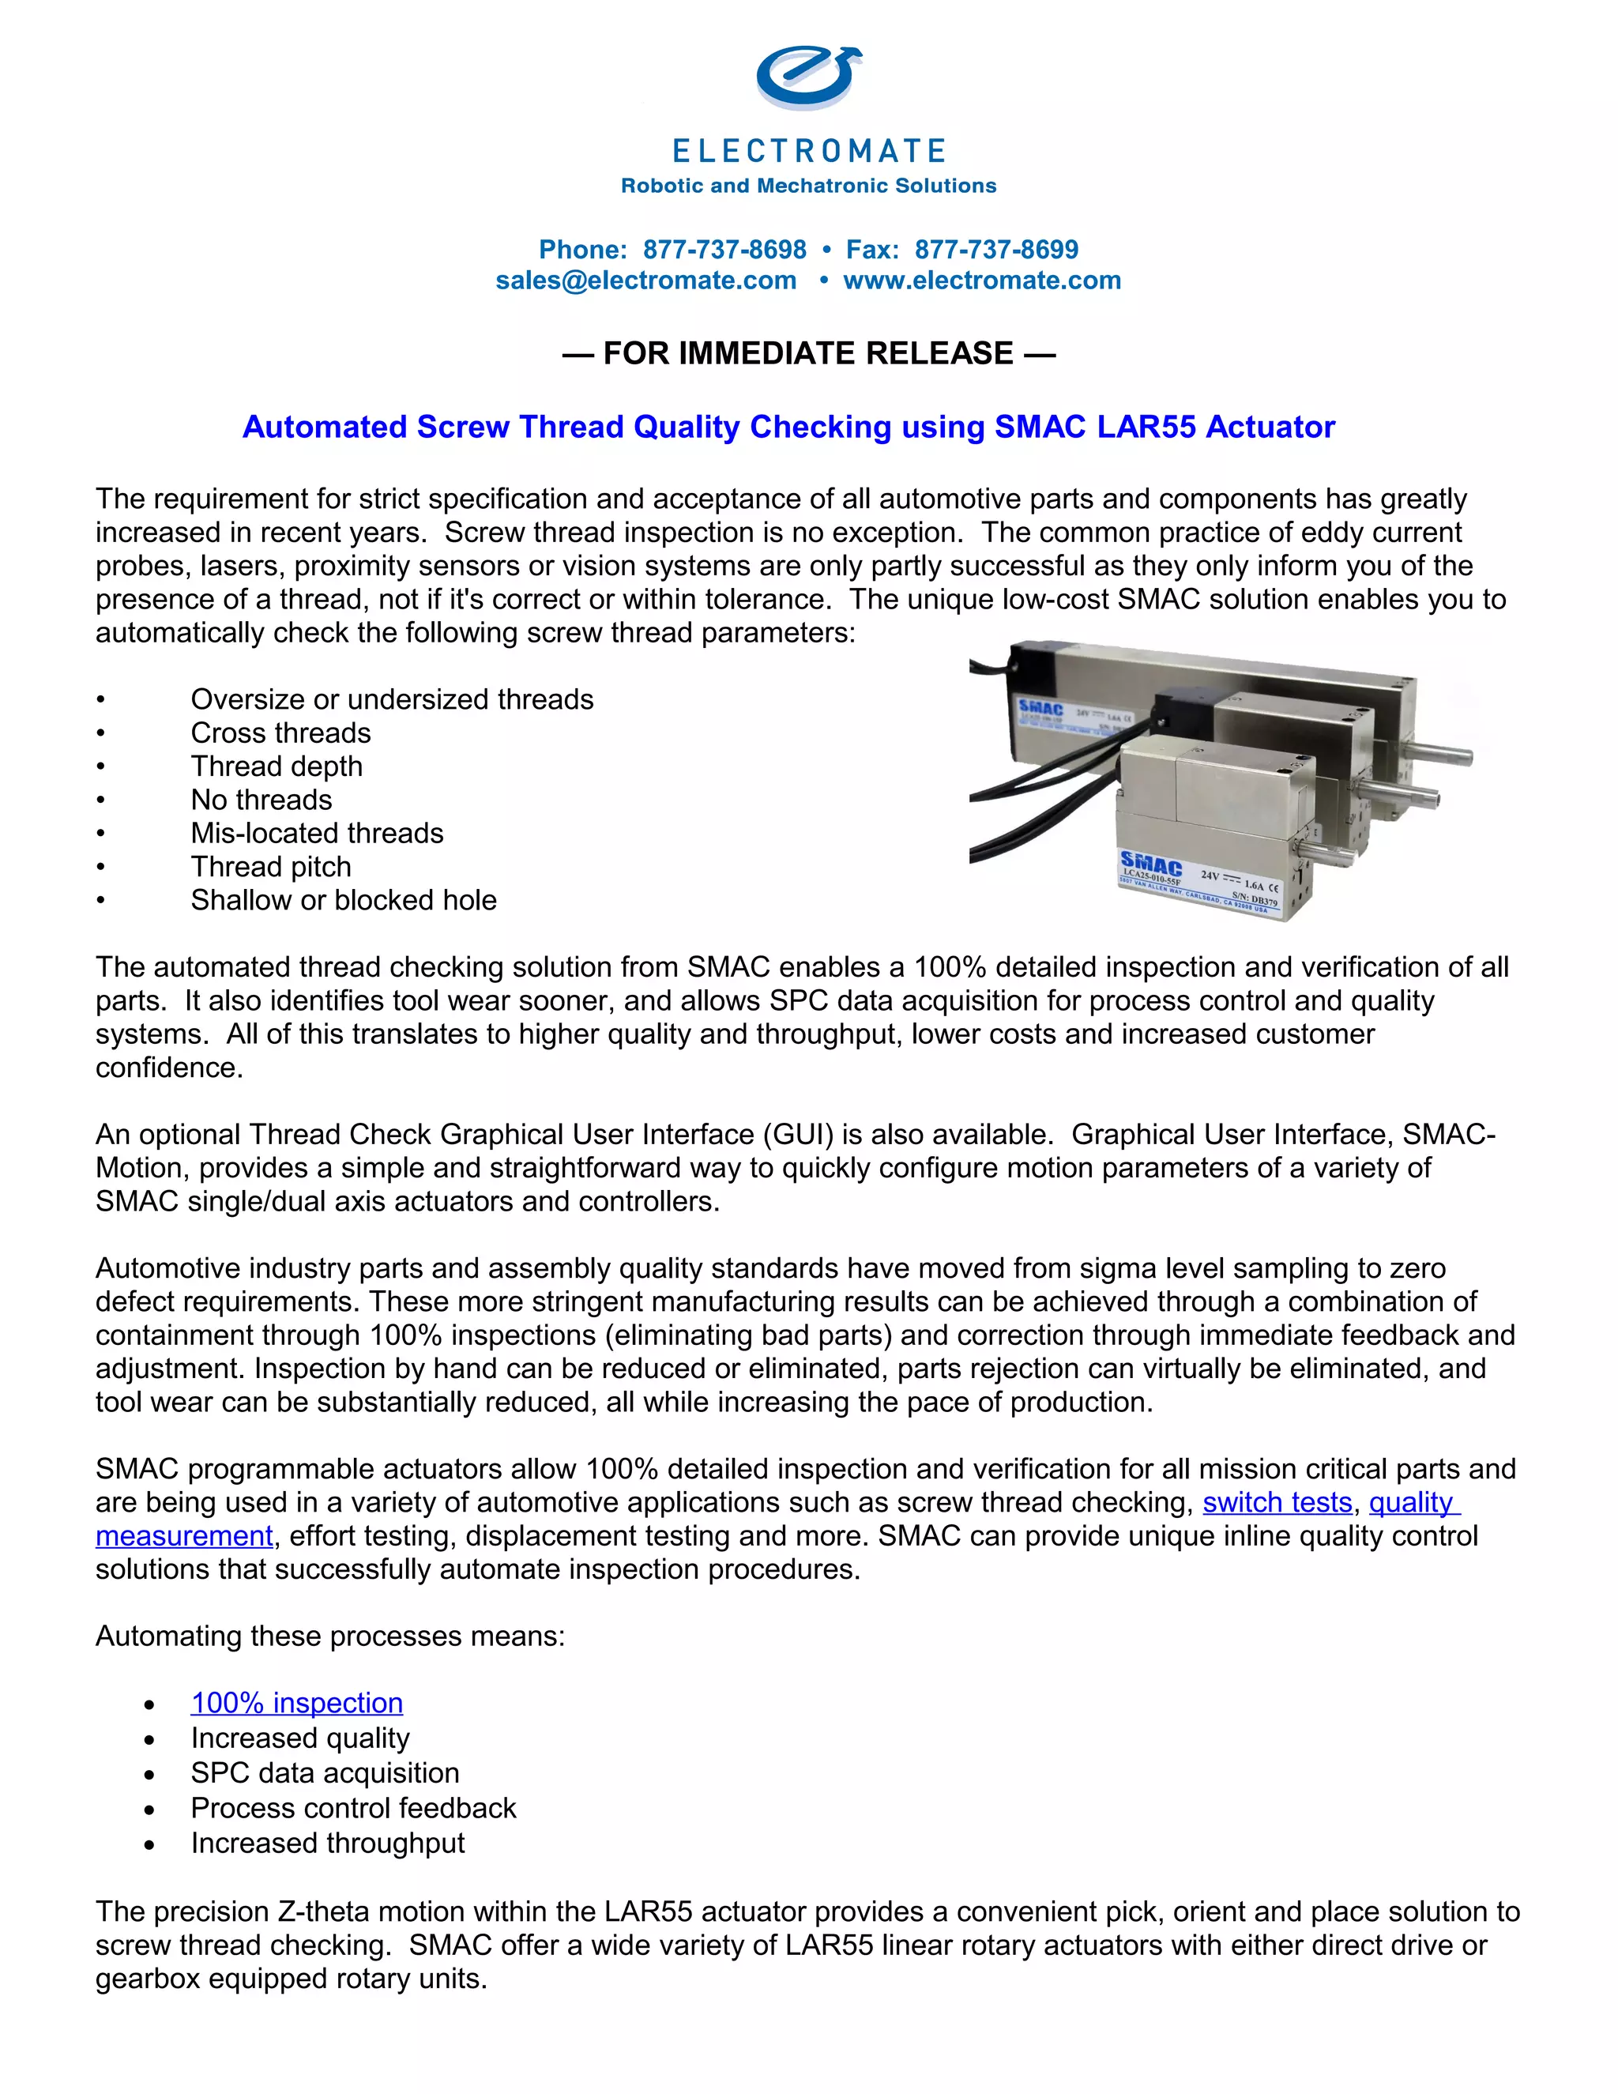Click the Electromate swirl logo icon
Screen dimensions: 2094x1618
tap(807, 77)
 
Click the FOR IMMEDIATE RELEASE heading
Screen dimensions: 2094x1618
tap(808, 353)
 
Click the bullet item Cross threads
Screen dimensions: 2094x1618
tap(280, 733)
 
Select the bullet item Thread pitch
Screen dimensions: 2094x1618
tap(270, 867)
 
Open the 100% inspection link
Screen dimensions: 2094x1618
tap(296, 1703)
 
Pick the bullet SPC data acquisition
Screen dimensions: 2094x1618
tap(325, 1773)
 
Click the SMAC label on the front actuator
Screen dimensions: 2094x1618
tap(1150, 864)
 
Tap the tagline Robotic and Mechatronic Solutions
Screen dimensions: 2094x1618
tap(808, 186)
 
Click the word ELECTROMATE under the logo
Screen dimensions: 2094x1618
tap(808, 152)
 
